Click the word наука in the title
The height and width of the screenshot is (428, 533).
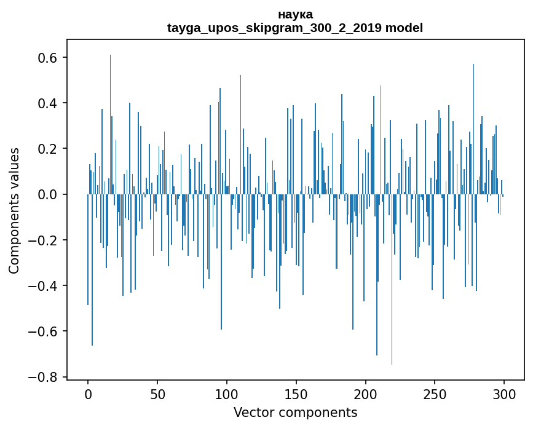click(295, 14)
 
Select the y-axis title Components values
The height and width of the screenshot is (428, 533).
click(14, 210)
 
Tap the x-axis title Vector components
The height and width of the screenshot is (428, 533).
click(295, 412)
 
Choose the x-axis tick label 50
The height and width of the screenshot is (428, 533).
click(157, 394)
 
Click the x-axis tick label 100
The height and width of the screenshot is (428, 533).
click(227, 394)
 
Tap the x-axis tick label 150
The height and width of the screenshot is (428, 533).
click(296, 394)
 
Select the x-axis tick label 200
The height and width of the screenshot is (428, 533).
click(366, 394)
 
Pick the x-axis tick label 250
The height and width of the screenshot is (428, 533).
click(435, 394)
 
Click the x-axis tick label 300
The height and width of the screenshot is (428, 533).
click(504, 394)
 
